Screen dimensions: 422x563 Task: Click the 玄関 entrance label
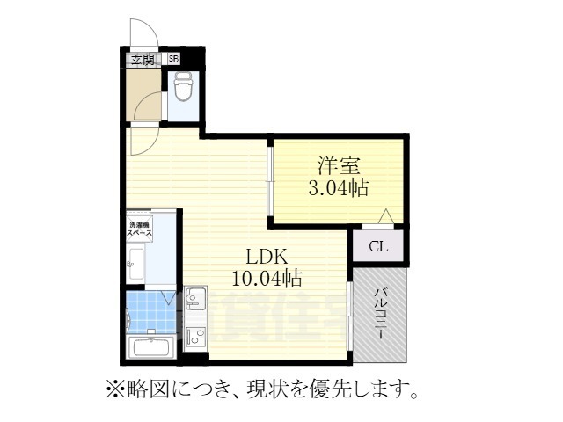click(x=143, y=61)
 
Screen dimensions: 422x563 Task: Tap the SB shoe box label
click(x=174, y=61)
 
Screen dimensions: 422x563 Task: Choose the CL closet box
click(x=377, y=245)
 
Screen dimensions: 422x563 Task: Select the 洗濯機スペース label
click(x=142, y=229)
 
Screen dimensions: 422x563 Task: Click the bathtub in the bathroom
click(x=152, y=347)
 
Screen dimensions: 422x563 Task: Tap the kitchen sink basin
click(x=195, y=299)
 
